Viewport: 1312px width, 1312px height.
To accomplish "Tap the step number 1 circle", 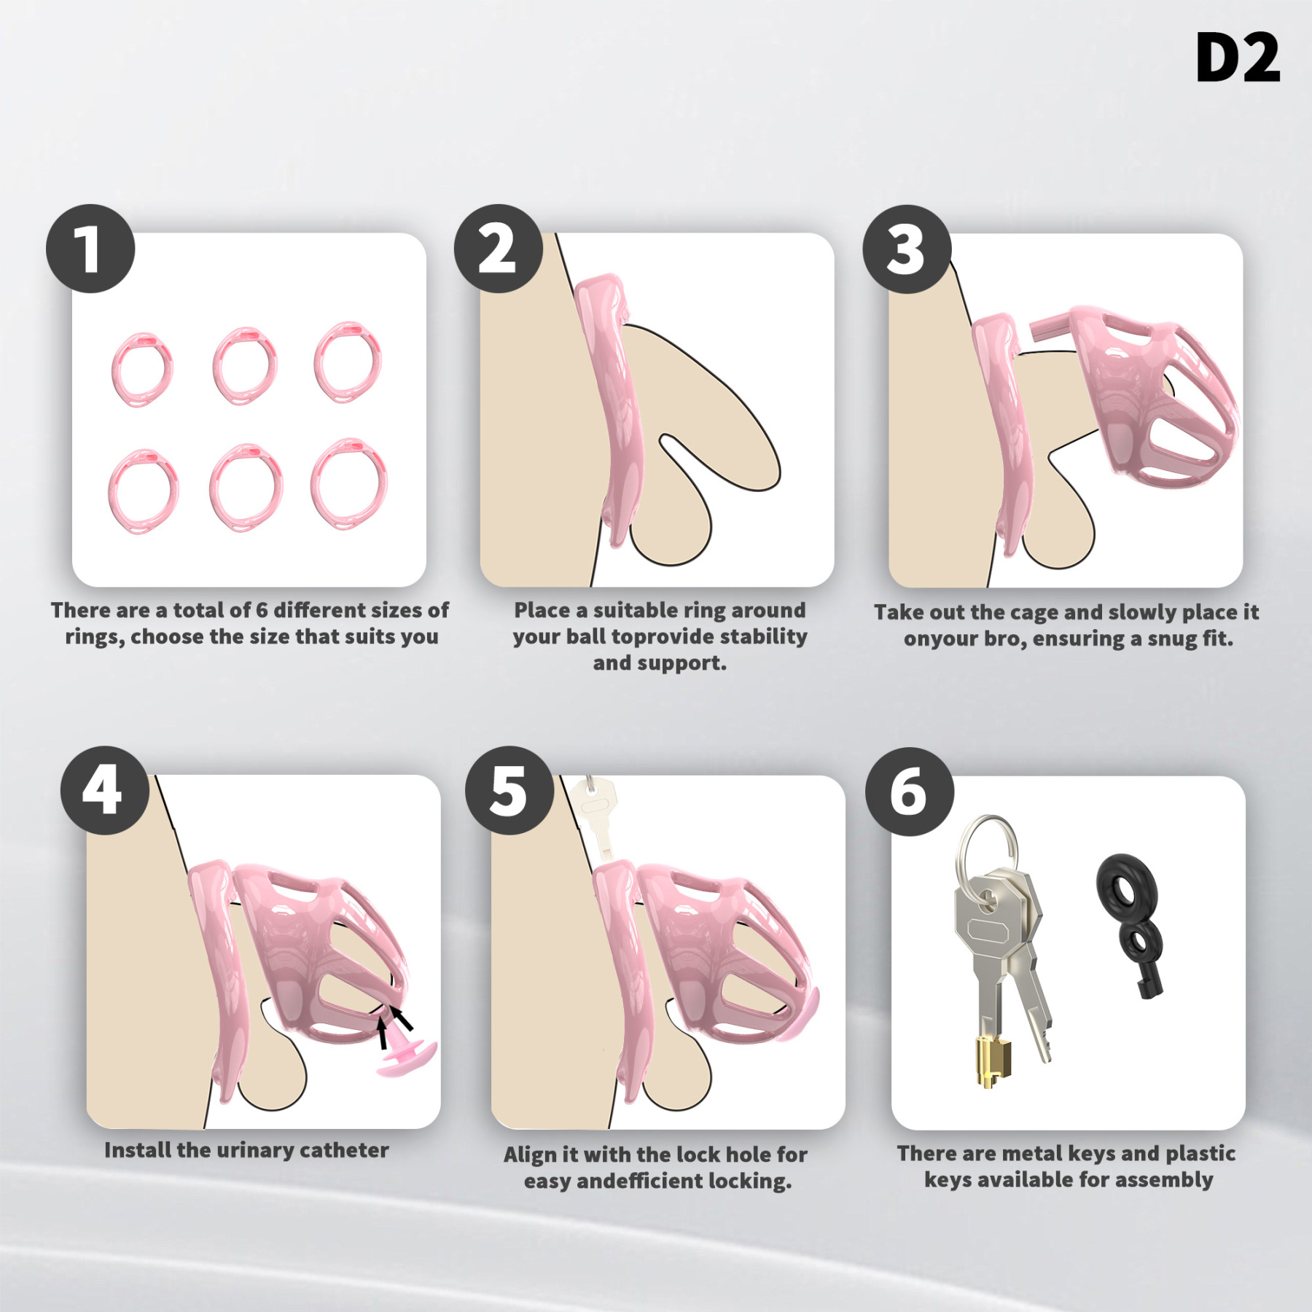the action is tap(90, 249).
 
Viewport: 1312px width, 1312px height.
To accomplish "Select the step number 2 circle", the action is tap(499, 249).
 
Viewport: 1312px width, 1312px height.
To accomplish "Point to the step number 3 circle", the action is tap(907, 249).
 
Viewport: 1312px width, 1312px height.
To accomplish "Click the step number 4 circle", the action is tap(105, 790).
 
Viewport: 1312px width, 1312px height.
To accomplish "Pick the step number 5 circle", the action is tap(509, 790).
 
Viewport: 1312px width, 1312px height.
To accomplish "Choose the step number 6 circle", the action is tap(910, 792).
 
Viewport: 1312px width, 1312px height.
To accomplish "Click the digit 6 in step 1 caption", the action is tap(262, 610).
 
